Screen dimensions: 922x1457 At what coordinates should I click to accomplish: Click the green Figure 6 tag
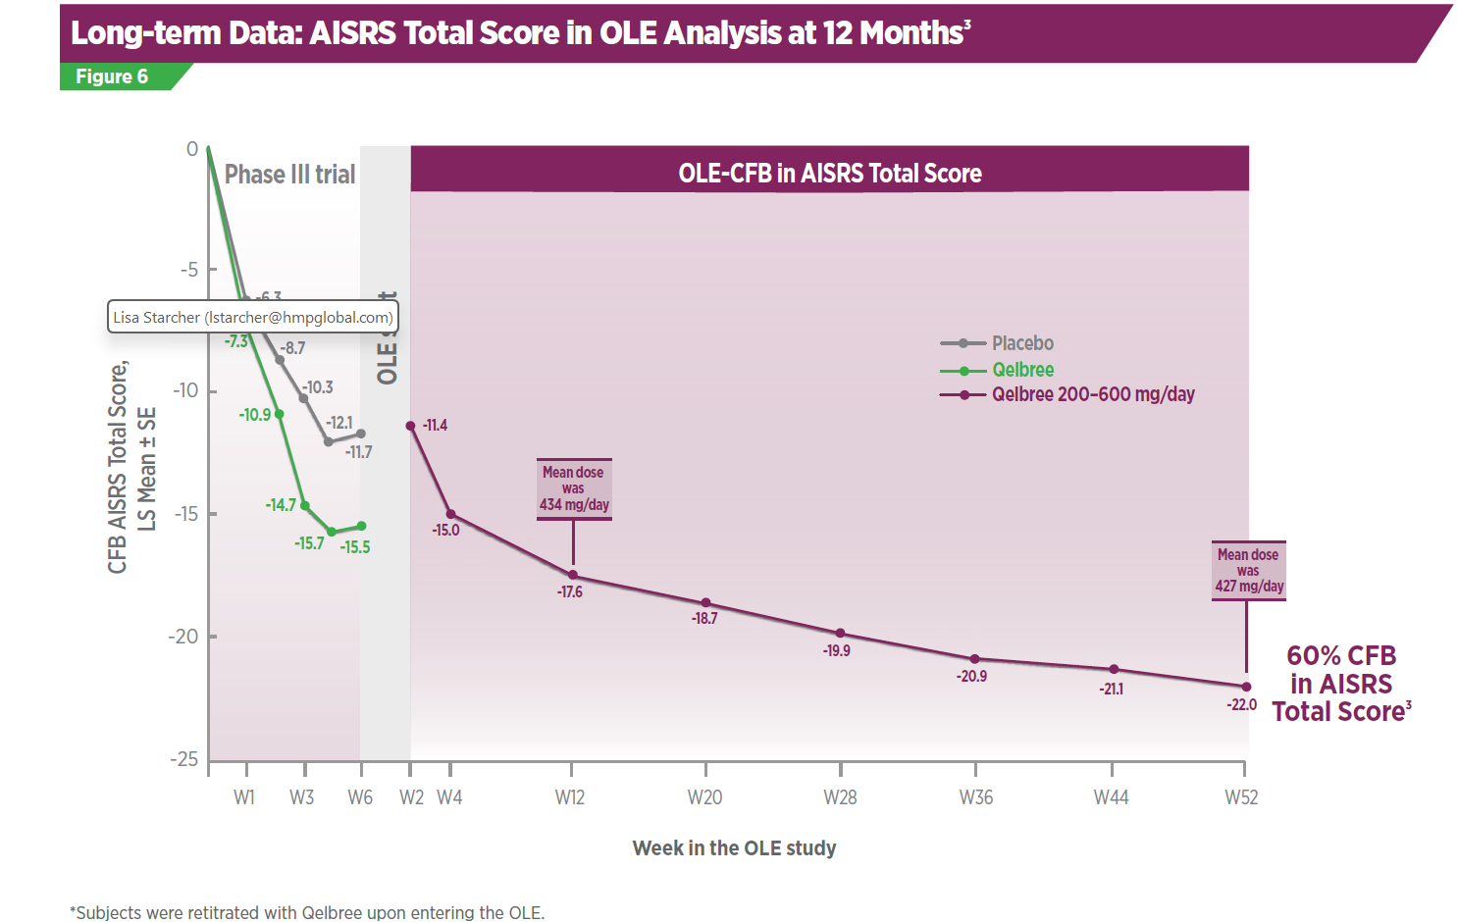click(112, 77)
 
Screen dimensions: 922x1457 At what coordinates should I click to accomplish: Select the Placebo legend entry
click(997, 343)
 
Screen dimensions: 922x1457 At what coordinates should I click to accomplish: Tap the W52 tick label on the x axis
click(1241, 797)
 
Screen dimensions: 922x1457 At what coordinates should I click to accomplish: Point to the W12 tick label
click(570, 797)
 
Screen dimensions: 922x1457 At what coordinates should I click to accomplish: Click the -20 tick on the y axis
click(183, 637)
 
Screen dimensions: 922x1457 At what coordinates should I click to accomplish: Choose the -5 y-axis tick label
click(188, 270)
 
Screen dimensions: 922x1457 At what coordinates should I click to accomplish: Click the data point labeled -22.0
click(1246, 687)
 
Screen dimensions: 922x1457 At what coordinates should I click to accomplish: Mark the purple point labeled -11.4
click(410, 426)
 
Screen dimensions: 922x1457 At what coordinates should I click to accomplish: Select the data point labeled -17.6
click(573, 576)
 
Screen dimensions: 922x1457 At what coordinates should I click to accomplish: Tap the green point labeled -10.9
click(280, 414)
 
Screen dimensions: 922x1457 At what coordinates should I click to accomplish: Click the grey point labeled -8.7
click(280, 360)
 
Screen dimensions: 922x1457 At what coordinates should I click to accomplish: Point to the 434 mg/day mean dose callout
click(574, 488)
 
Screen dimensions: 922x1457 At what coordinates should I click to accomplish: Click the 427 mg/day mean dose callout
click(1248, 570)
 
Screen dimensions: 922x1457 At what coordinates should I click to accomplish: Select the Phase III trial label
click(289, 175)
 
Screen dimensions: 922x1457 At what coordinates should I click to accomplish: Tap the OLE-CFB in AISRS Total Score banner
click(829, 174)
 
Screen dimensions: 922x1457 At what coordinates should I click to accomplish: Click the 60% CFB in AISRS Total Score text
click(1341, 684)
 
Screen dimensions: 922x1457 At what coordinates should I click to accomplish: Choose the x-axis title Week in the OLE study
click(734, 848)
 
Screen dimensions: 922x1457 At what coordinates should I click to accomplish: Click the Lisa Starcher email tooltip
click(252, 317)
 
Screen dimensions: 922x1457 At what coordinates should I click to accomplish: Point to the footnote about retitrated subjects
click(307, 912)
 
